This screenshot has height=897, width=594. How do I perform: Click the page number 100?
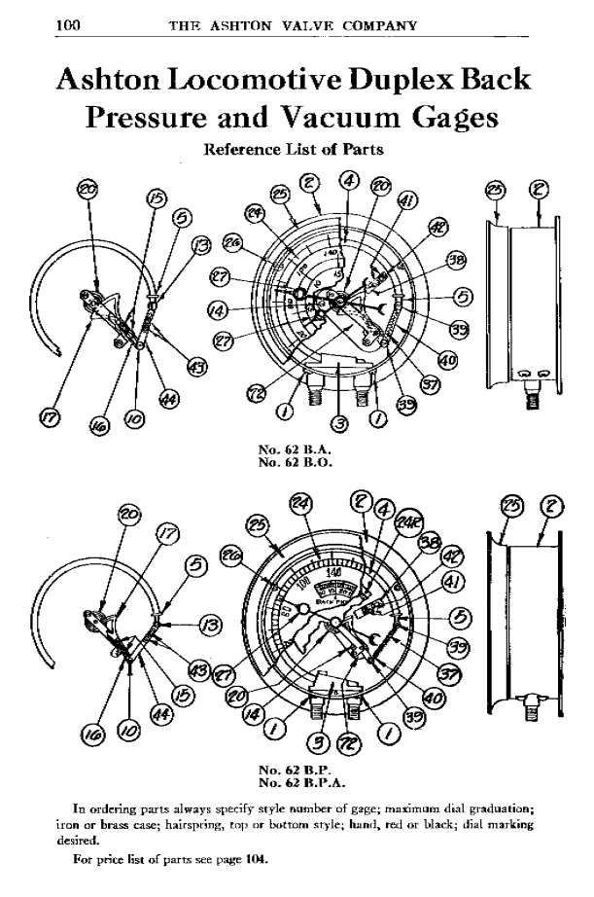click(67, 24)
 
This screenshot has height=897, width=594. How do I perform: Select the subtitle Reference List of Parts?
click(291, 150)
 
